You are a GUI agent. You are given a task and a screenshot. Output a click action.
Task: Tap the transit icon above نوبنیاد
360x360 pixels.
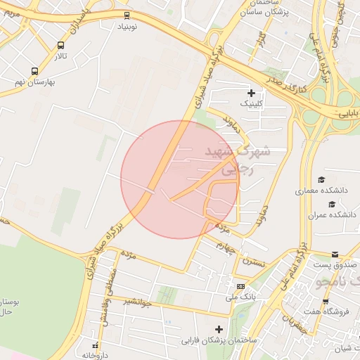pos(127,14)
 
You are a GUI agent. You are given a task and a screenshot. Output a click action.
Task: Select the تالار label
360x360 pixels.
pos(62,56)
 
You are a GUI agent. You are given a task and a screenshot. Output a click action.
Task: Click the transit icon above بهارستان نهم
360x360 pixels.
pos(34,71)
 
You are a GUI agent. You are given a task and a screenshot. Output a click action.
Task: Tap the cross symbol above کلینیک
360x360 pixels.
pos(251,93)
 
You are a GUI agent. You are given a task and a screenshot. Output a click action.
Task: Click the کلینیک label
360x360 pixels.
pos(252,103)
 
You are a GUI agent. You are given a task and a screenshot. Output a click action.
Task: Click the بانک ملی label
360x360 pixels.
pos(240,297)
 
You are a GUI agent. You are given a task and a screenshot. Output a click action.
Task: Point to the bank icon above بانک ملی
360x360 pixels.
pos(240,286)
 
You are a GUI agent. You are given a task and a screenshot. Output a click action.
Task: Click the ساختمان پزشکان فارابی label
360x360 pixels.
pos(219,340)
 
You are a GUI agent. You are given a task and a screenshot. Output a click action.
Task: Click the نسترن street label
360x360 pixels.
pos(255,260)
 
